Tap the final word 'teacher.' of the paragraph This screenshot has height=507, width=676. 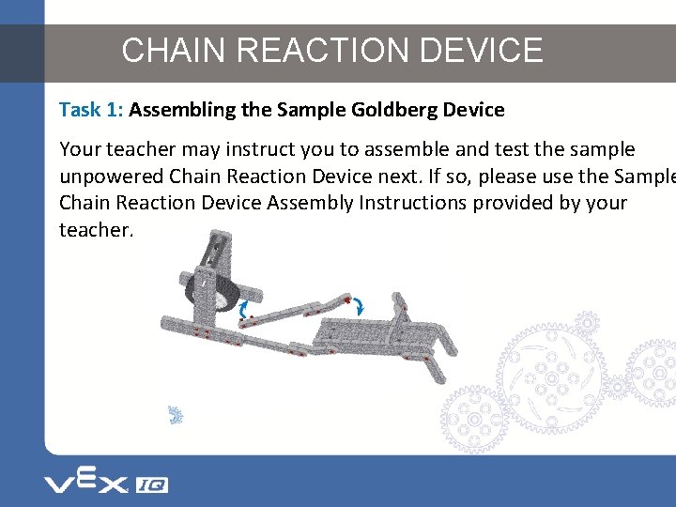click(96, 229)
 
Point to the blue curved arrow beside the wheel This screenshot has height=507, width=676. click(246, 307)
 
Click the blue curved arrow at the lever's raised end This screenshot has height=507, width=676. click(358, 305)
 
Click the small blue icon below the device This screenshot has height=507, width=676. click(175, 415)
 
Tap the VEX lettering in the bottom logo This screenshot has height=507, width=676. click(84, 483)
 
